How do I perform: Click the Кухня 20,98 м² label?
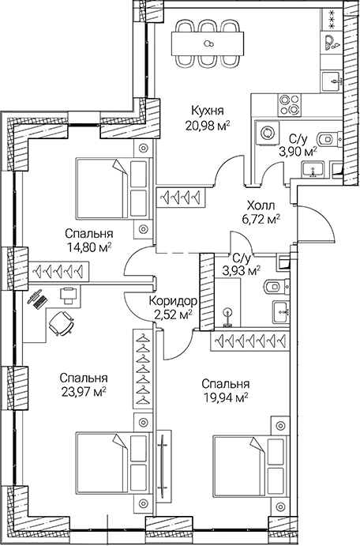coord(208,119)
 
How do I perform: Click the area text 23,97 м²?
coord(82,390)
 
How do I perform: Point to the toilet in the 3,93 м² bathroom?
coord(271,285)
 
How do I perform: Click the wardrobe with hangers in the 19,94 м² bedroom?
coord(252,341)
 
